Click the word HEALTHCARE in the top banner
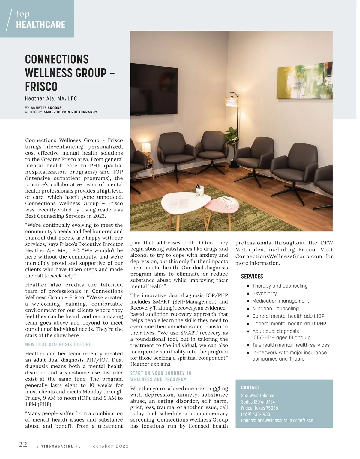[x=41, y=25]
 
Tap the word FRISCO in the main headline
[x=41, y=87]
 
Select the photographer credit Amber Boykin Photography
[x=70, y=112]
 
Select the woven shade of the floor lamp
[x=231, y=100]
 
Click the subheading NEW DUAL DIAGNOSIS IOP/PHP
[x=58, y=345]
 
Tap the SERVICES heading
[x=252, y=277]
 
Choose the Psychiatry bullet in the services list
[x=264, y=293]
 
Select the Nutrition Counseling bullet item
[x=275, y=308]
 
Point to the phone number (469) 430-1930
[x=256, y=414]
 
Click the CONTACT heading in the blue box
[x=250, y=388]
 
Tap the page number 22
[x=23, y=445]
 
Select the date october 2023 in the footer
[x=111, y=446]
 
